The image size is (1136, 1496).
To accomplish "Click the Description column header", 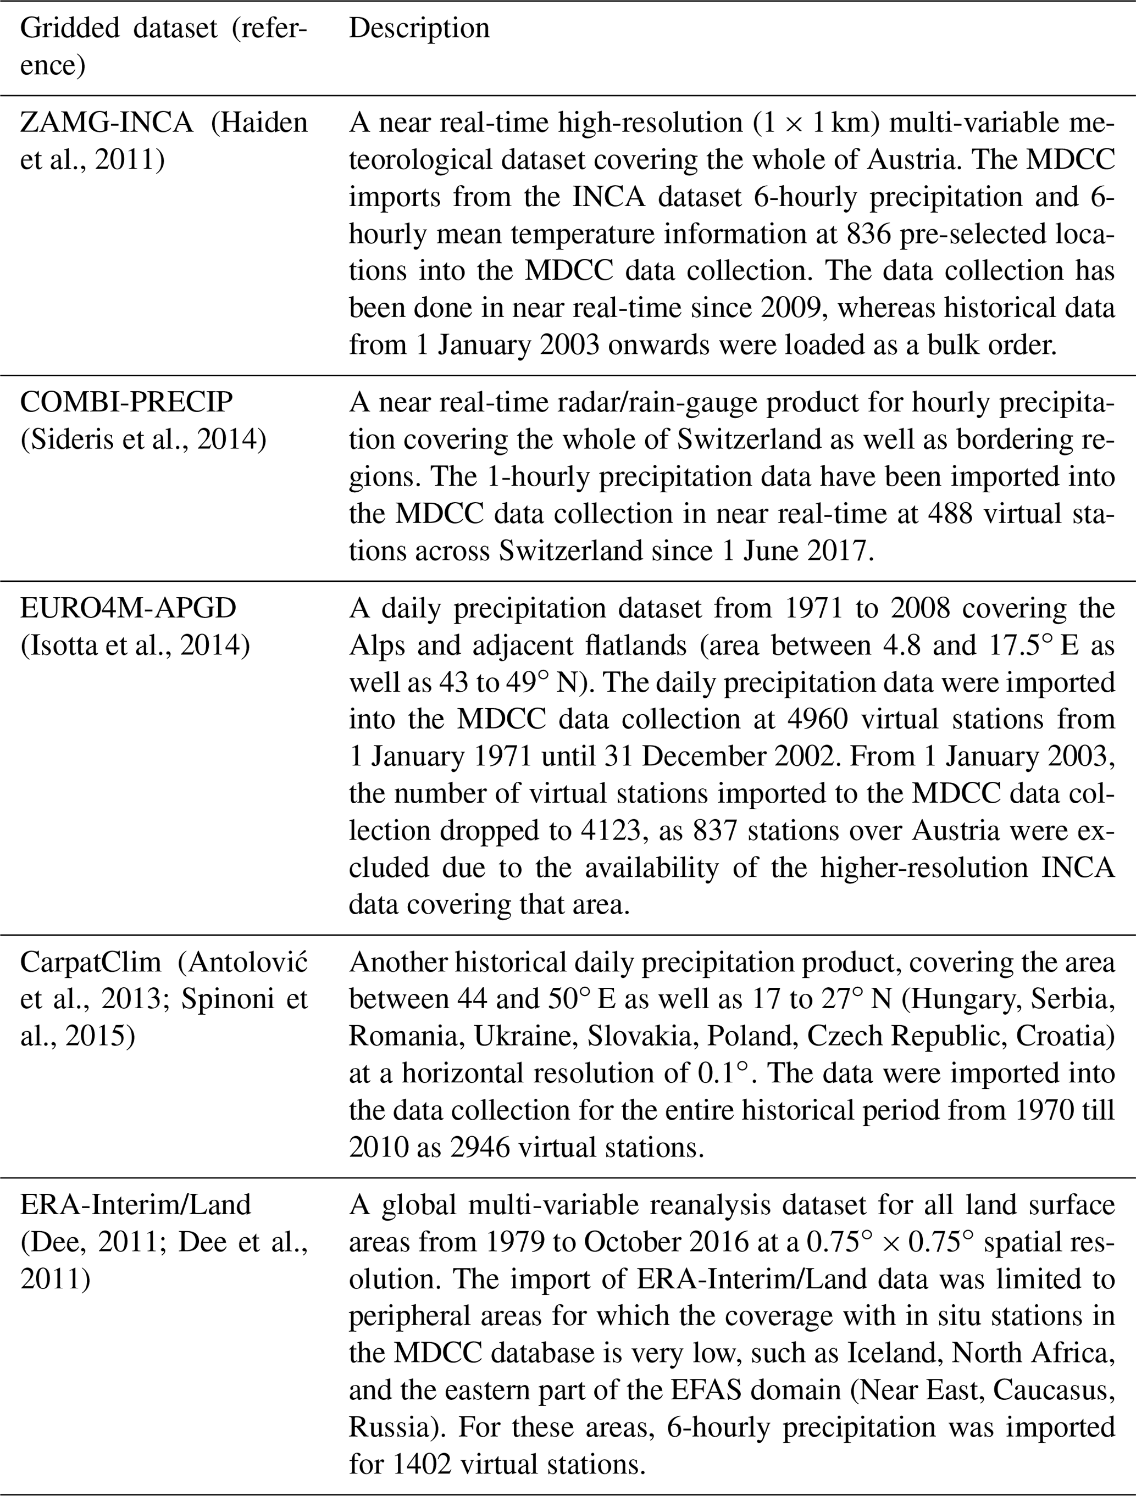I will coord(419,29).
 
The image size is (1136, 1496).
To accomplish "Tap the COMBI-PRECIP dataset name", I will coord(126,402).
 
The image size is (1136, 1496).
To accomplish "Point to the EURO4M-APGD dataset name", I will coord(128,608).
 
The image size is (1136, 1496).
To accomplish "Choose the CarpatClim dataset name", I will coord(91,961).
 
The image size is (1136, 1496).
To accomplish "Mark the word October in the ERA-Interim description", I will coord(635,1242).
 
